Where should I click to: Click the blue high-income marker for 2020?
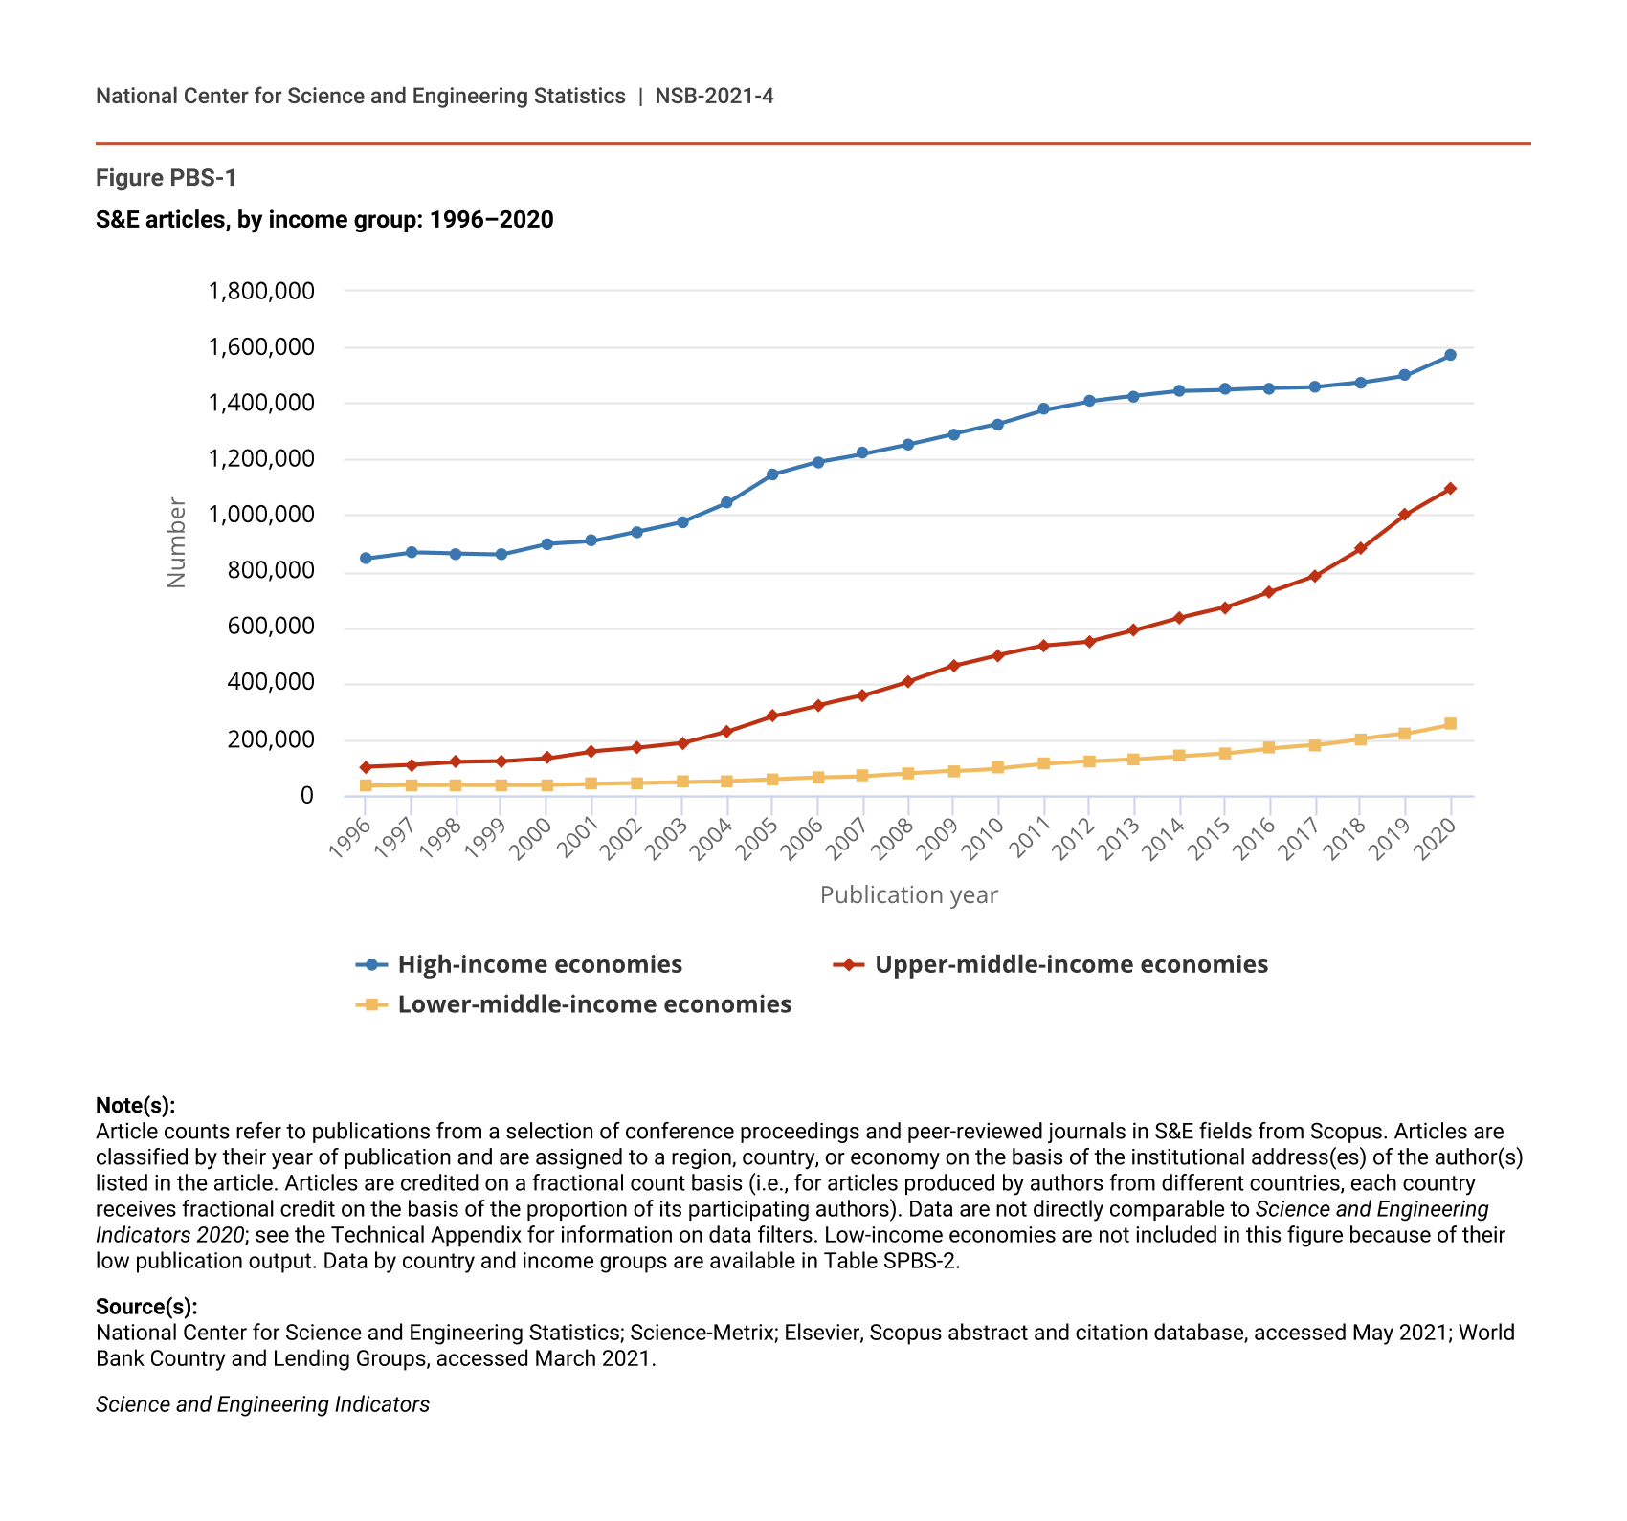click(x=1450, y=355)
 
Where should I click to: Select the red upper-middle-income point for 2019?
click(x=1405, y=515)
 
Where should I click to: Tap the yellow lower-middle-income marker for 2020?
click(x=1450, y=724)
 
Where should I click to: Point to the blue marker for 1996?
click(x=366, y=559)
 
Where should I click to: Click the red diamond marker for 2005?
click(x=772, y=716)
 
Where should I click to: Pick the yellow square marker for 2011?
click(x=1043, y=763)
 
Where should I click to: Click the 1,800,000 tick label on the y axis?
click(x=261, y=291)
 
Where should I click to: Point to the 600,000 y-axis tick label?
click(x=261, y=627)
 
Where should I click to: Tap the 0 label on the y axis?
click(x=306, y=796)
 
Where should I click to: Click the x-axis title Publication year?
click(x=908, y=895)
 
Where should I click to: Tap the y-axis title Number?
click(x=176, y=542)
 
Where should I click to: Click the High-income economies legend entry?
click(x=539, y=964)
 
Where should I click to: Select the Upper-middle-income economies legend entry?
click(x=1071, y=964)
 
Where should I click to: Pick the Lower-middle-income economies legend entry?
click(x=593, y=1004)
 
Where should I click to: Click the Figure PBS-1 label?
click(x=166, y=178)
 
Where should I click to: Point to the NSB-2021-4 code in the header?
click(x=714, y=96)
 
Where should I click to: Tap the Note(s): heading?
click(x=135, y=1106)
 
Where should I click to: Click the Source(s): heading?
click(x=146, y=1307)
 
